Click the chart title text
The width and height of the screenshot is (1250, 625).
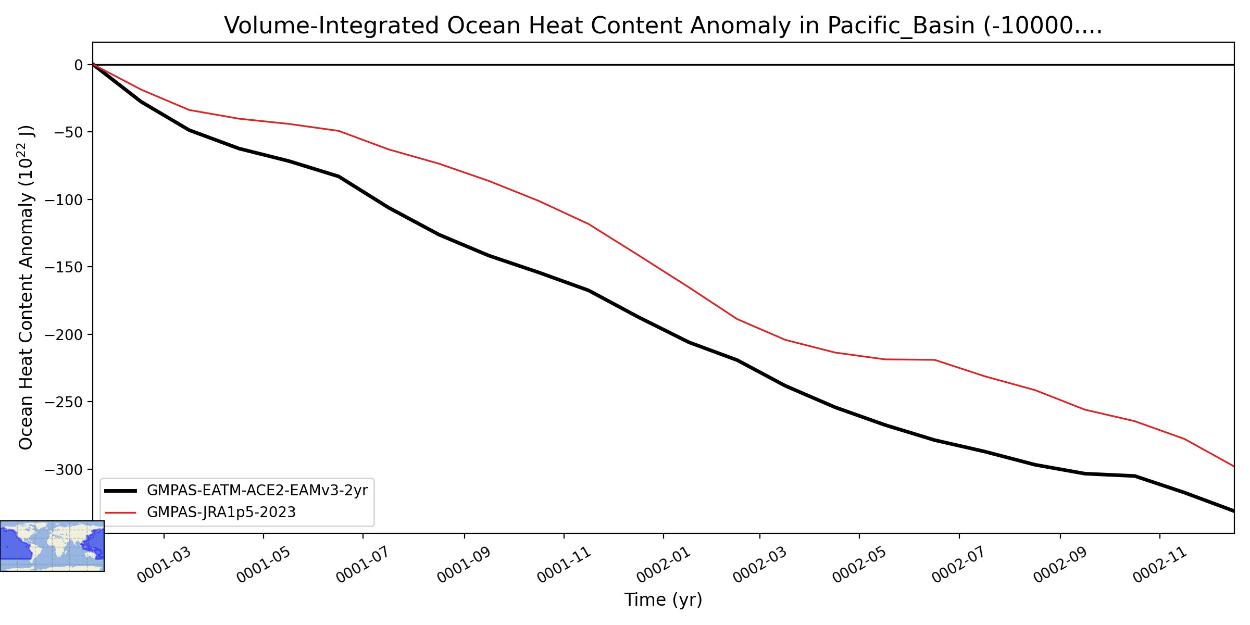(663, 26)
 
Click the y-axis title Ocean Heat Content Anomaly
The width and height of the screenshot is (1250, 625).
(26, 287)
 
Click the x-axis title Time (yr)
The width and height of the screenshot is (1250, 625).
(663, 600)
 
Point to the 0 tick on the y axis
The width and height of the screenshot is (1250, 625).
(79, 65)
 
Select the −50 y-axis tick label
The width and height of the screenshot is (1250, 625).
(69, 132)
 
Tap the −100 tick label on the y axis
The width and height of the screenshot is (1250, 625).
(64, 199)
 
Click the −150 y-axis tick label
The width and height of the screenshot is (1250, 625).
(64, 267)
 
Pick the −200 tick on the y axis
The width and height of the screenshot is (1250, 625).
(64, 334)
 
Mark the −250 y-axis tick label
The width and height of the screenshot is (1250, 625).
(64, 402)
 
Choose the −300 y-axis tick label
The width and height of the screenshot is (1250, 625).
(64, 469)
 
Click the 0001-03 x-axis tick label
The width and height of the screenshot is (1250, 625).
(164, 565)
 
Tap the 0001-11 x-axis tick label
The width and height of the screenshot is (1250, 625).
(564, 565)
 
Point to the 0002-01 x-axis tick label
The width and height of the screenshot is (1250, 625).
(664, 565)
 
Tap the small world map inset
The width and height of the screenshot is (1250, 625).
(52, 546)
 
